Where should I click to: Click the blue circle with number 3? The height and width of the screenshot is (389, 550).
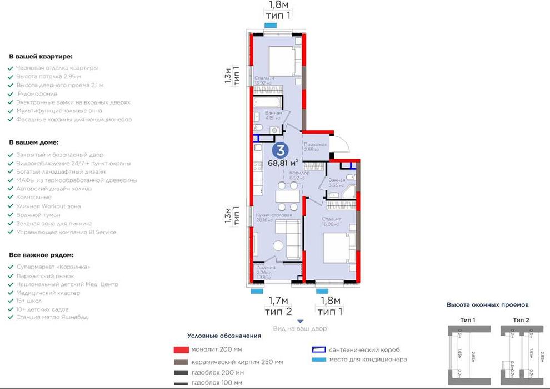(x=281, y=150)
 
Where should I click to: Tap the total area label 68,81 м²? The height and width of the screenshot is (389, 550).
(x=283, y=163)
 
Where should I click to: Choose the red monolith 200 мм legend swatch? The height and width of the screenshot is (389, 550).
(x=179, y=350)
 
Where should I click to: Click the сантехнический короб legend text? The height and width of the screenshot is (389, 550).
(x=364, y=350)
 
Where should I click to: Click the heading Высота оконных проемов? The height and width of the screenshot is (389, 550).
(x=487, y=305)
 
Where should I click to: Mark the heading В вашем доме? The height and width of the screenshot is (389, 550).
(x=34, y=142)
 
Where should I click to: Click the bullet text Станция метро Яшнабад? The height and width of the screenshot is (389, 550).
(x=52, y=317)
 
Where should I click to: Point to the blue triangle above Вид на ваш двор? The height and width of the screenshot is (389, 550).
(x=300, y=321)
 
